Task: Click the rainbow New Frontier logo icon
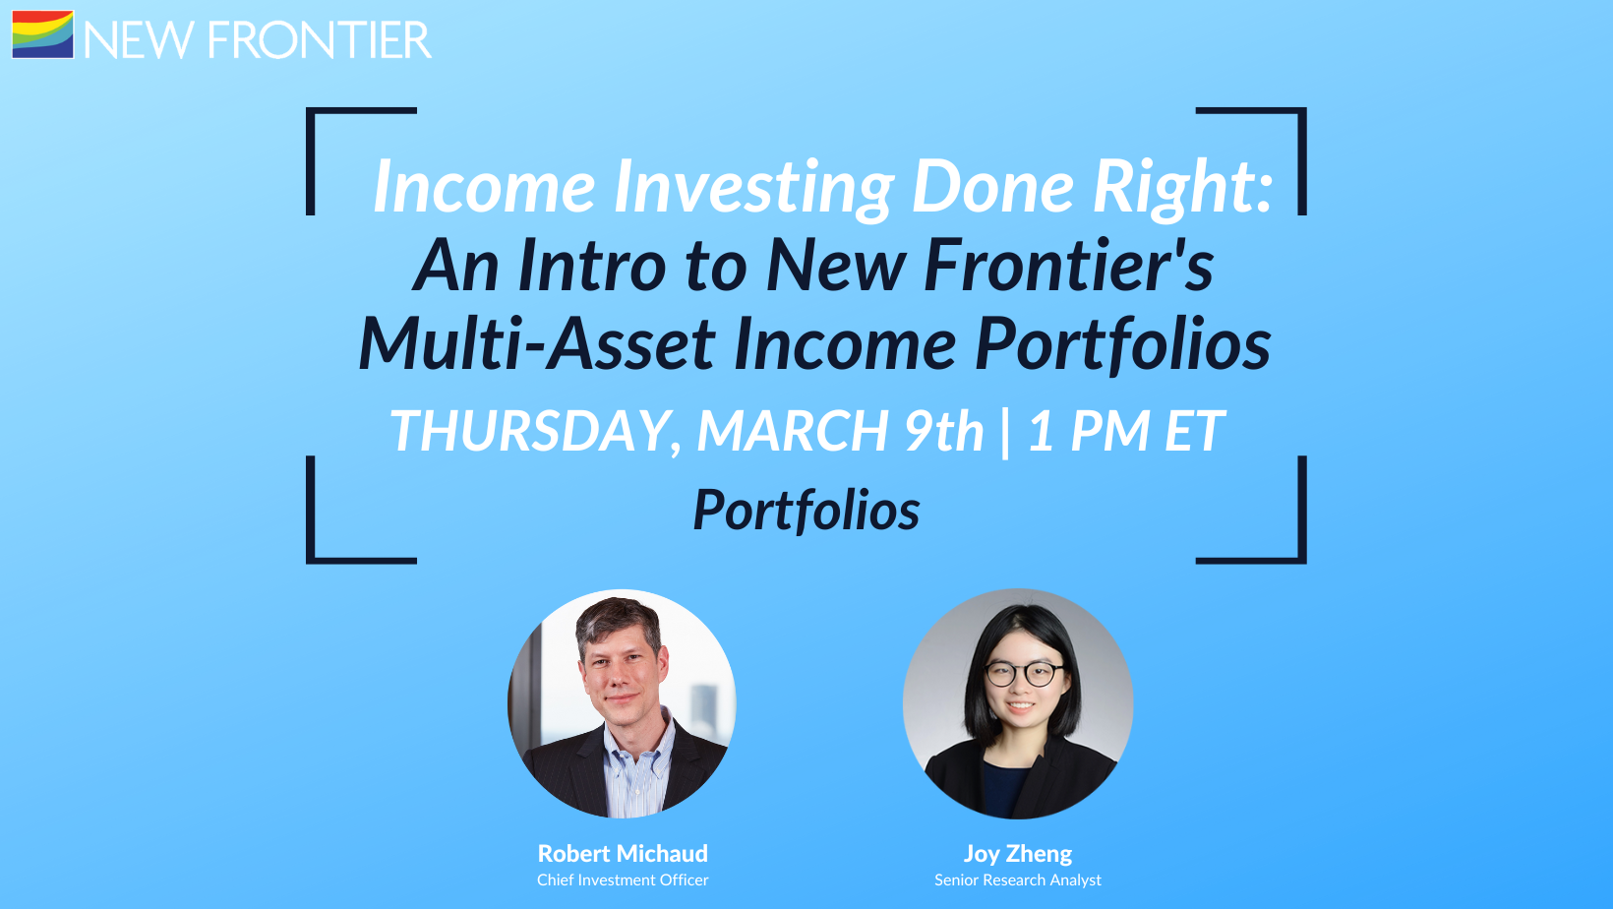pyautogui.click(x=42, y=33)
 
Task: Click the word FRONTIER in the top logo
pyautogui.click(x=320, y=40)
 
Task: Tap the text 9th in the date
pyautogui.click(x=944, y=430)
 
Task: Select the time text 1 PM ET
pyautogui.click(x=1125, y=430)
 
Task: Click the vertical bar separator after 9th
pyautogui.click(x=1005, y=432)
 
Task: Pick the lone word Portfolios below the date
pyautogui.click(x=806, y=510)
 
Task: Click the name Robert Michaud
pyautogui.click(x=623, y=854)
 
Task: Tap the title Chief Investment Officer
pyautogui.click(x=623, y=880)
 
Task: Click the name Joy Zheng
pyautogui.click(x=1018, y=854)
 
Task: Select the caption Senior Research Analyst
pyautogui.click(x=1018, y=880)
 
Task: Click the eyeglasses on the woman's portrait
pyautogui.click(x=1024, y=674)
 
